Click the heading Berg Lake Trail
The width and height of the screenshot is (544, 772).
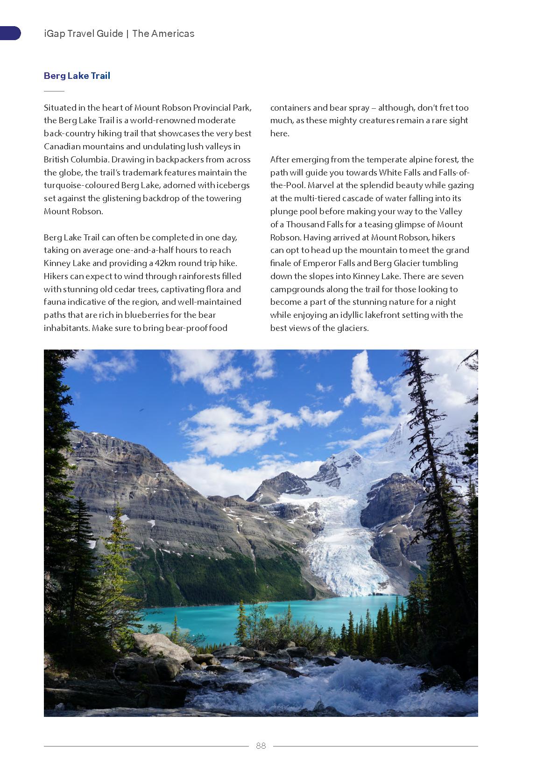77,76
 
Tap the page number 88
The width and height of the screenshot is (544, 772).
261,745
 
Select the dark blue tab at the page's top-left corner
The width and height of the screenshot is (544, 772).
10,33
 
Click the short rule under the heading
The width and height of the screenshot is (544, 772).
54,91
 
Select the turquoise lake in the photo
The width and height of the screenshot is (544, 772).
261,616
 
